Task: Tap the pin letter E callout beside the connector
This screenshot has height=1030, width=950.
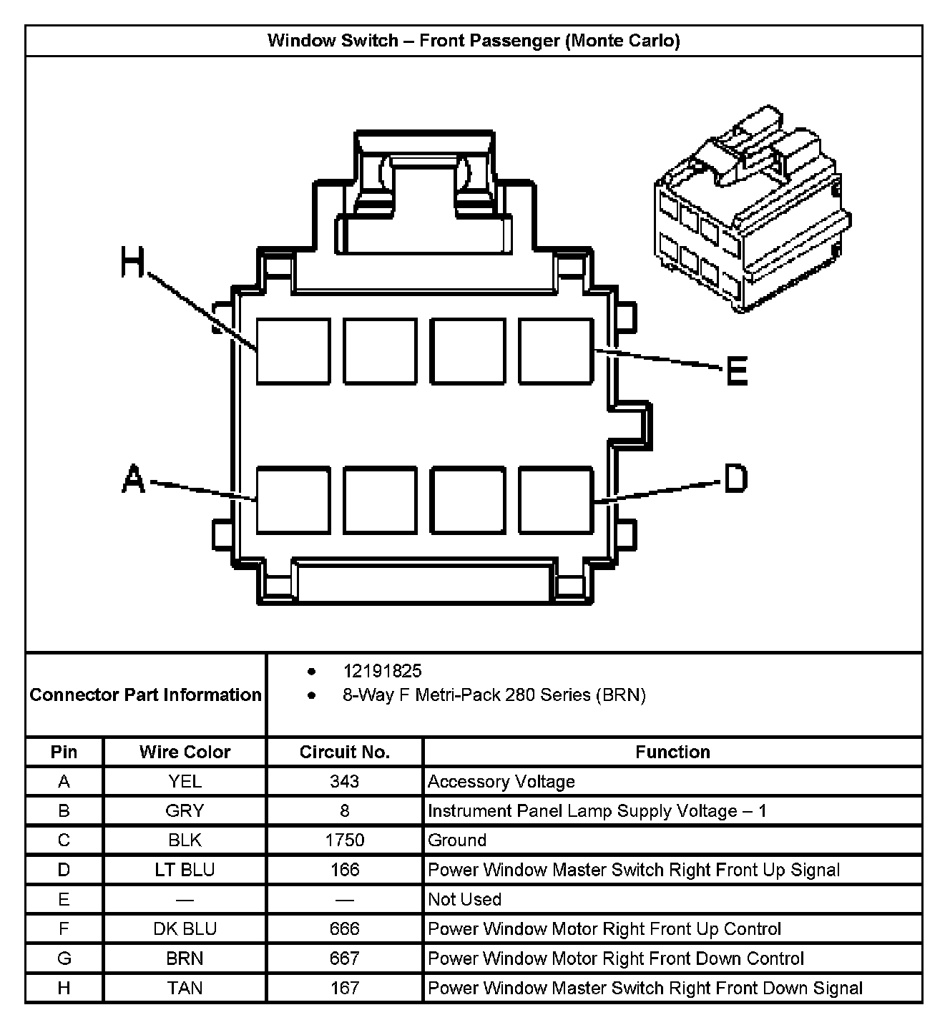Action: tap(737, 371)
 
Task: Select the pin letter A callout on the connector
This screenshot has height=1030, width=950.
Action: tap(133, 479)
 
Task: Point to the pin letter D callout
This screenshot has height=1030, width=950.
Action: tap(736, 479)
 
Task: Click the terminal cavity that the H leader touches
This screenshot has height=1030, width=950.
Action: tap(293, 351)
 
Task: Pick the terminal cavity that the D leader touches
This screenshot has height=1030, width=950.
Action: tap(556, 500)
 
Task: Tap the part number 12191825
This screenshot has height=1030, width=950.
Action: tap(383, 671)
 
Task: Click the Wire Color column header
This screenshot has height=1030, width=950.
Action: tap(185, 752)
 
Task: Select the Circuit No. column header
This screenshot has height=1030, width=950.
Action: tap(344, 752)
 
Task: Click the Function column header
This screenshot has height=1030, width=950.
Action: tap(672, 752)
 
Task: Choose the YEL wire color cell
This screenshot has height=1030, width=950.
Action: tap(185, 781)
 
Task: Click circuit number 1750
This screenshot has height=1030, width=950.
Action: tap(344, 840)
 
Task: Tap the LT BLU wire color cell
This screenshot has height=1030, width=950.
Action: tap(185, 870)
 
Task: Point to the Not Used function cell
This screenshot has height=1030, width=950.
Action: tap(464, 899)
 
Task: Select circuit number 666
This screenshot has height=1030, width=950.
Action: tap(344, 928)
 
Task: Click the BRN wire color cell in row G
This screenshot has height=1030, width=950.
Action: tap(185, 958)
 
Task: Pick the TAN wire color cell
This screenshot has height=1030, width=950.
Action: tap(185, 988)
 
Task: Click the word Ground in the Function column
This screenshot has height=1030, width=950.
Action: tap(457, 840)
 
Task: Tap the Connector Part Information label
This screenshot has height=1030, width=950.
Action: tap(145, 695)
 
